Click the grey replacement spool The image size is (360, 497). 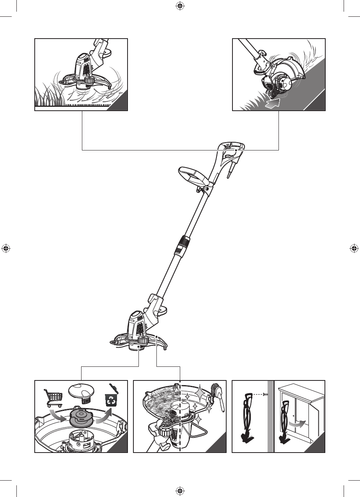(x=82, y=417)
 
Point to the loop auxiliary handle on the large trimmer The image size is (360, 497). (x=192, y=177)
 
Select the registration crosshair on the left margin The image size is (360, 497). (x=5, y=248)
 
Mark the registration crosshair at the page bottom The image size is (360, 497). (x=180, y=490)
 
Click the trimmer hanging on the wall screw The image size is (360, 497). (x=247, y=417)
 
